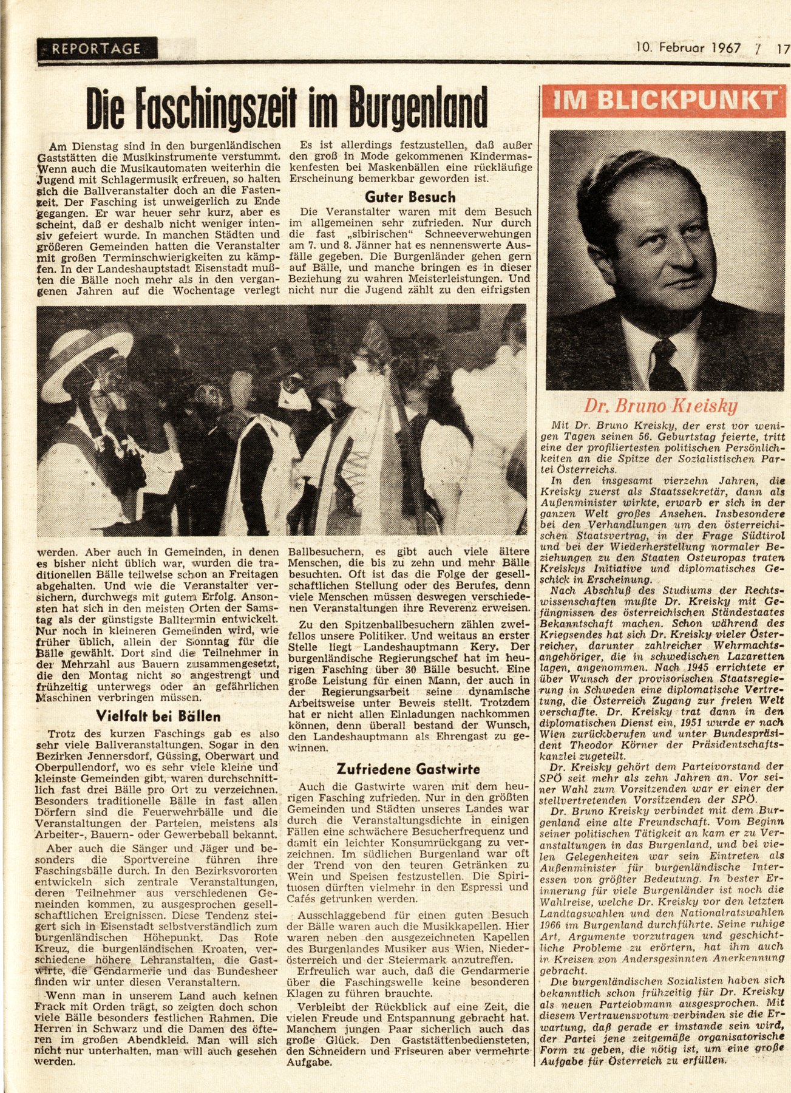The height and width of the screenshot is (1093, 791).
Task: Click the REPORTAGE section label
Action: (97, 49)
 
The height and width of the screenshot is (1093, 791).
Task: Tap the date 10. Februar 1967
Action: (688, 47)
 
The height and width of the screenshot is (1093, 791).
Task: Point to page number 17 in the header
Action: (782, 48)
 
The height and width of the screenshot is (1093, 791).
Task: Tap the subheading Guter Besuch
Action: (410, 197)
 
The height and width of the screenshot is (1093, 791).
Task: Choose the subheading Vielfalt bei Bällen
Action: (158, 716)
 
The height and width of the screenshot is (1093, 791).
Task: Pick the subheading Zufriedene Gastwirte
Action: (408, 769)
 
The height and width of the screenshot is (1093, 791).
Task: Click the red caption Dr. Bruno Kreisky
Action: (660, 406)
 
